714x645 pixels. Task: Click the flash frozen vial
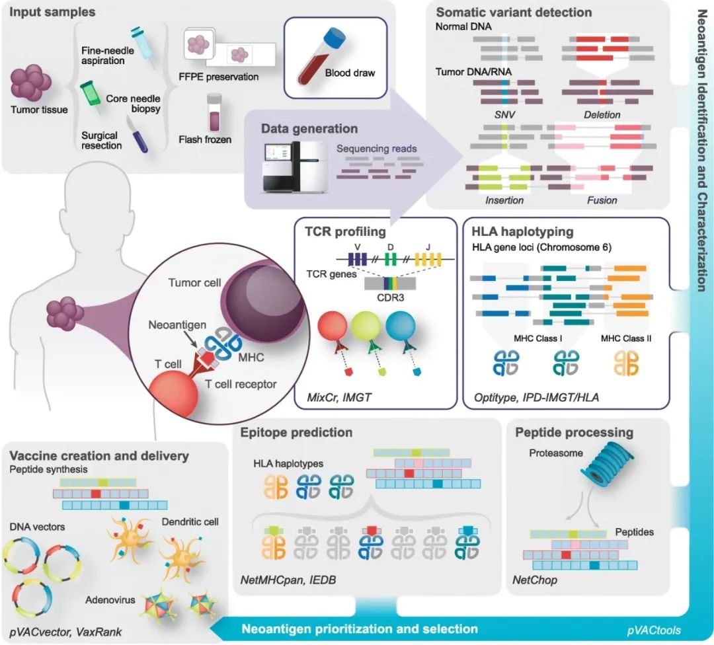(x=214, y=113)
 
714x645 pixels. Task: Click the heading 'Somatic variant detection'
(x=514, y=13)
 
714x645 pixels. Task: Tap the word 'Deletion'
(x=602, y=115)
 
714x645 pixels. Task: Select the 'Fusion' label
(x=602, y=200)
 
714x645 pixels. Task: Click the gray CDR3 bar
(x=390, y=284)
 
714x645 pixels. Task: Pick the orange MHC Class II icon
(x=626, y=363)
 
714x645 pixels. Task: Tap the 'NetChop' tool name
(x=535, y=580)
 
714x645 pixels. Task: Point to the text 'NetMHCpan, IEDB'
(x=288, y=580)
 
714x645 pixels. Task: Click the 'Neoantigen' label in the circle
(x=177, y=325)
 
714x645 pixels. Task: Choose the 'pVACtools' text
(x=654, y=630)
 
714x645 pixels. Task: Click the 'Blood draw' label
(x=350, y=73)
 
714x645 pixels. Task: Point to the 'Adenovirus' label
(x=110, y=600)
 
